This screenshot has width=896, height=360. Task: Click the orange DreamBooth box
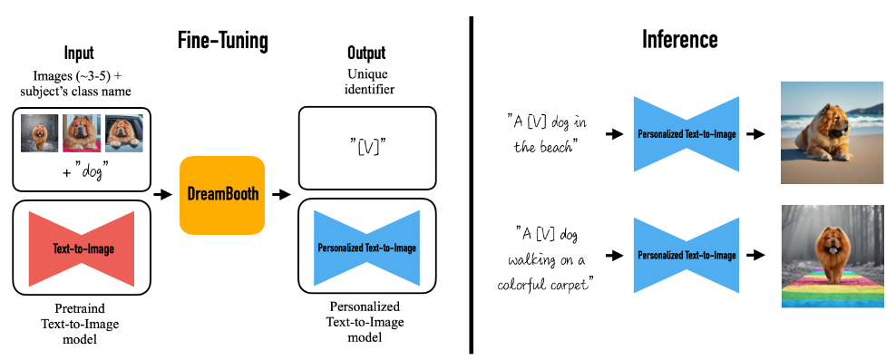click(222, 195)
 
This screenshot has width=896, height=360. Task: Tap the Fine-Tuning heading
click(223, 41)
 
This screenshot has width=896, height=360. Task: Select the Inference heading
click(680, 39)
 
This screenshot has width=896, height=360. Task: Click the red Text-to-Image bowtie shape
click(81, 249)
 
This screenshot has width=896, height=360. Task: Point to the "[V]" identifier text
click(368, 148)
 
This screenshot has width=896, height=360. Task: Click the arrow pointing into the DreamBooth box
click(163, 195)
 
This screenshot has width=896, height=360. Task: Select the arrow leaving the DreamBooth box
click(281, 195)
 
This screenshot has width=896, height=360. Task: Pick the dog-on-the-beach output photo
click(832, 132)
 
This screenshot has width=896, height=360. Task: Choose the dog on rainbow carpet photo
click(833, 256)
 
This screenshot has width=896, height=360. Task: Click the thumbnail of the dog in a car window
click(124, 133)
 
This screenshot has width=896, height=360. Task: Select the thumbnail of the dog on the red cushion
click(82, 133)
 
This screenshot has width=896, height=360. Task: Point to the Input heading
click(79, 54)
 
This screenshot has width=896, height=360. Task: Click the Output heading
click(366, 54)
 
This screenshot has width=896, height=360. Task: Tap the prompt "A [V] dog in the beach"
click(547, 133)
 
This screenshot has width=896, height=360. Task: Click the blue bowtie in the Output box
click(367, 248)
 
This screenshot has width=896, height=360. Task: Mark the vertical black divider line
click(472, 185)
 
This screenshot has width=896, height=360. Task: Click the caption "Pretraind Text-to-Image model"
click(80, 324)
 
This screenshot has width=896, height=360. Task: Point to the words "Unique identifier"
click(366, 82)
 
